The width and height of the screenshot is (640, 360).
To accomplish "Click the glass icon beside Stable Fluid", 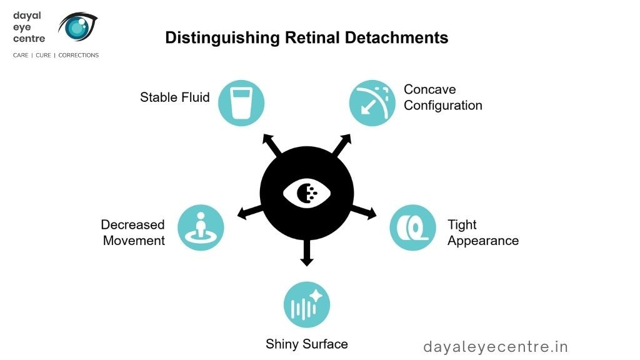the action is [x=241, y=103].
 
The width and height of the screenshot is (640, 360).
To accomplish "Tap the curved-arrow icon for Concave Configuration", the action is [x=372, y=103].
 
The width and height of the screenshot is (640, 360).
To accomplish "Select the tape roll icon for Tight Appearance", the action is [x=412, y=227].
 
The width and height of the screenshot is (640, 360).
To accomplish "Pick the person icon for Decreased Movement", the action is [x=201, y=227].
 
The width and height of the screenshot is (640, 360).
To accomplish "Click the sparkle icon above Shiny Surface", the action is [x=307, y=304].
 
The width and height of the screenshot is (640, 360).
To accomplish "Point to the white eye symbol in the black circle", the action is [x=307, y=193].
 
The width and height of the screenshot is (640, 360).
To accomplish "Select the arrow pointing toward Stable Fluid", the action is [x=272, y=145].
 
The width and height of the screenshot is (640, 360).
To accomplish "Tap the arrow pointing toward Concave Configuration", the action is [x=342, y=145].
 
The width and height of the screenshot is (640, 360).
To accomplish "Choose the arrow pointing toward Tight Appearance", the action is [x=364, y=212].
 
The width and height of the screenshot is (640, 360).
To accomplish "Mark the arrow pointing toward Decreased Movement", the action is [x=250, y=212].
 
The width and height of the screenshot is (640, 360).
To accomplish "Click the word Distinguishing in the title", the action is [x=222, y=38].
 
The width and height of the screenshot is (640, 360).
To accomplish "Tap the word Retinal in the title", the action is [x=312, y=37].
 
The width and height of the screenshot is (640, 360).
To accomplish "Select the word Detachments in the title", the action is [x=396, y=37].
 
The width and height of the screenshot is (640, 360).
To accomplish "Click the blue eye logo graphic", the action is [x=77, y=26].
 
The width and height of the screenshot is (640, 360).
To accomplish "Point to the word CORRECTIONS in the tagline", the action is [x=78, y=55].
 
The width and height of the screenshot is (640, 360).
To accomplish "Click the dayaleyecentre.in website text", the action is [x=496, y=347].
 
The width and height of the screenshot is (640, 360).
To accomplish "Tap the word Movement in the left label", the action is [x=134, y=241].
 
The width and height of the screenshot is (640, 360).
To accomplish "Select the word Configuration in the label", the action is [x=443, y=106].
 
